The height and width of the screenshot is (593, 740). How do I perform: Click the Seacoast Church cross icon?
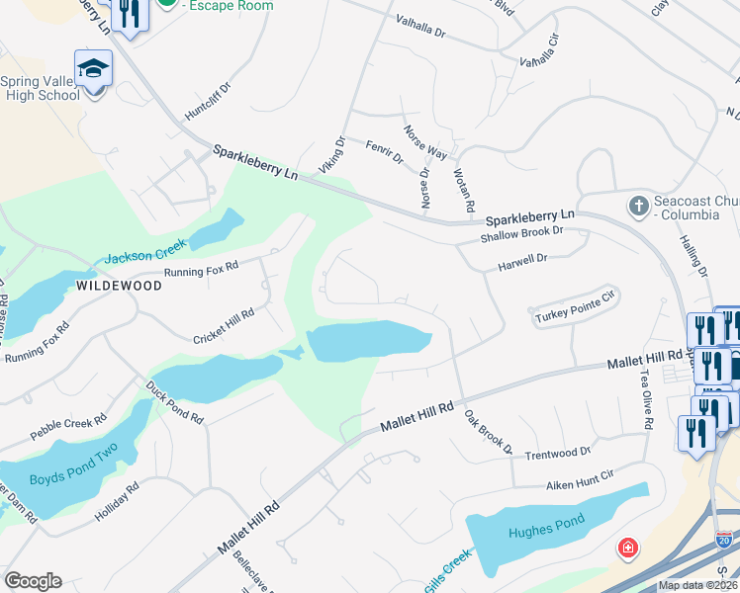(x=638, y=207)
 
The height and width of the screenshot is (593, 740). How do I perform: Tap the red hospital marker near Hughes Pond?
(x=627, y=548)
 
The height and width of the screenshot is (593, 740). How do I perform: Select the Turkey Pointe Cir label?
(x=575, y=317)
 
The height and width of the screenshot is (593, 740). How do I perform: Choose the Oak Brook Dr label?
(x=489, y=433)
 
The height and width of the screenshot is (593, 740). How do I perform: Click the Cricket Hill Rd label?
(x=224, y=326)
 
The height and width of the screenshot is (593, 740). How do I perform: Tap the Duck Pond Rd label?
(x=174, y=402)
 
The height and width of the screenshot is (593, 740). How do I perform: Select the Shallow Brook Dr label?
(x=520, y=232)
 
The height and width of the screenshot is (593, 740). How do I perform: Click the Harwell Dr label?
(x=522, y=261)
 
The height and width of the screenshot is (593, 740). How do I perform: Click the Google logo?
(x=33, y=581)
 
